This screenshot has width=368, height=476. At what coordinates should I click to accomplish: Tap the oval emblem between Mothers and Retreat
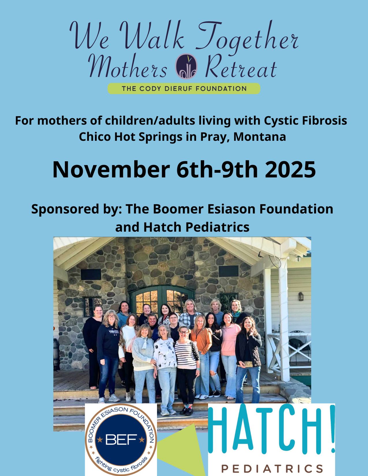[186, 66]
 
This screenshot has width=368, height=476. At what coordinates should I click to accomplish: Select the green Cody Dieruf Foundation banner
[184, 89]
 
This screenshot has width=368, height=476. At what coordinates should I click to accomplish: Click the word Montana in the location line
[260, 137]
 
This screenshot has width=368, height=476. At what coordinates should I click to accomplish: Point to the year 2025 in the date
[290, 170]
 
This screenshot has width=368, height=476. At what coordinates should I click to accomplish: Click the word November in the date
[111, 170]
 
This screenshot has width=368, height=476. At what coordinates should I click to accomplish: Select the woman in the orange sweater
[201, 351]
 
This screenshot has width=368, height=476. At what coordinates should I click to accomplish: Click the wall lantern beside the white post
[301, 296]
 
